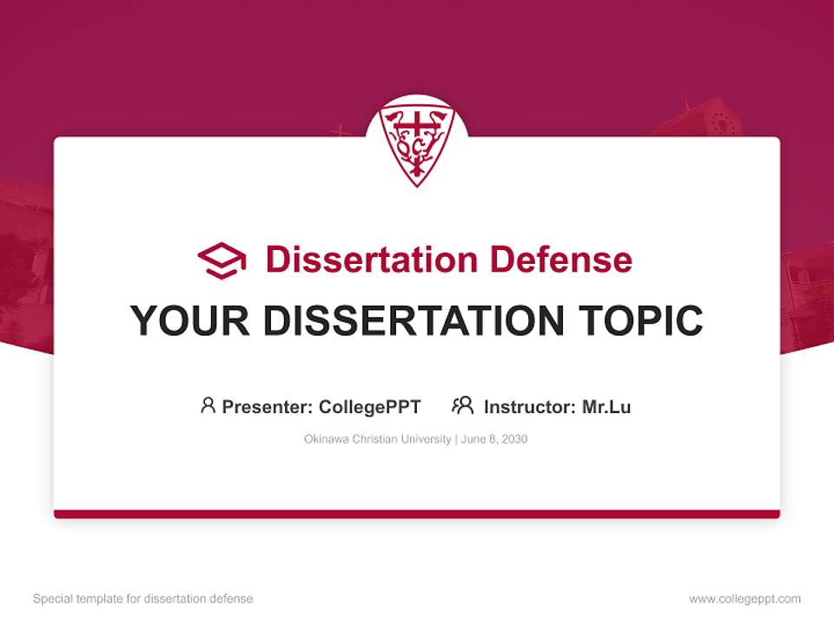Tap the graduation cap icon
(x=222, y=260)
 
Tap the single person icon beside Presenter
(x=208, y=405)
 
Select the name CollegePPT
(x=370, y=406)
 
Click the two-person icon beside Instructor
(x=462, y=405)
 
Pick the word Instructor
(x=529, y=406)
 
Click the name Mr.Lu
(x=606, y=406)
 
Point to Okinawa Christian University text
(x=377, y=439)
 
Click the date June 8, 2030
(x=494, y=439)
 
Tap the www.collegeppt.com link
(x=745, y=599)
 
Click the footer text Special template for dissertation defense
(x=143, y=599)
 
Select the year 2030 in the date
(x=513, y=439)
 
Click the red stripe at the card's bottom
(x=417, y=514)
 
